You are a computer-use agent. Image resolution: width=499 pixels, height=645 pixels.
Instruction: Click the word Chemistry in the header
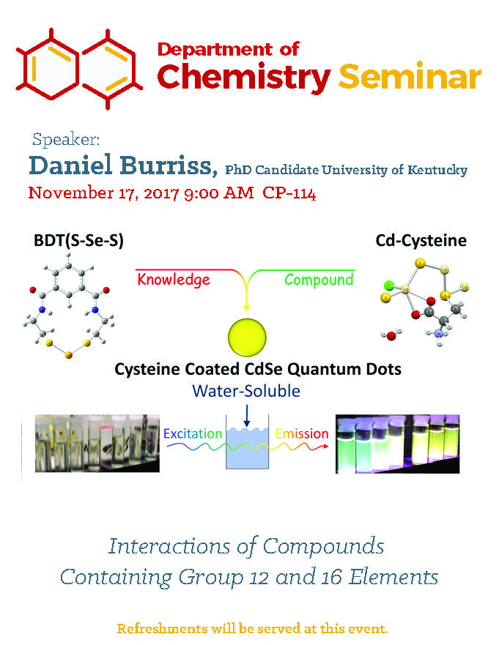(x=244, y=77)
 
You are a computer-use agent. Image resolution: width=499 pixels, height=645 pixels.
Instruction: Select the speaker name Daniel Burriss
(x=123, y=165)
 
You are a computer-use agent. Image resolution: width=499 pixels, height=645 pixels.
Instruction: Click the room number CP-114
(x=289, y=193)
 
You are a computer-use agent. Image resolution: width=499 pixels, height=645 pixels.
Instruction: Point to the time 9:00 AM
(x=219, y=193)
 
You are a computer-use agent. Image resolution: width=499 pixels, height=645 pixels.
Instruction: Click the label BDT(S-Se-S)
(x=78, y=240)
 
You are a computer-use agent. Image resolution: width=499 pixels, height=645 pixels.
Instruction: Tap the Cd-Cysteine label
(x=421, y=240)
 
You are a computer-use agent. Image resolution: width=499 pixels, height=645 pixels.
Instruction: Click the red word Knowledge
(x=174, y=280)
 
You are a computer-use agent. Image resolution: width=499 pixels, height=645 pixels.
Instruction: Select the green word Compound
(x=319, y=280)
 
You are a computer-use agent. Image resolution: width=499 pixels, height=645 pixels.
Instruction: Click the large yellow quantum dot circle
(x=247, y=337)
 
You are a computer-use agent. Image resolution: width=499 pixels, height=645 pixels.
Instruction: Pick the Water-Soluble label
(x=246, y=391)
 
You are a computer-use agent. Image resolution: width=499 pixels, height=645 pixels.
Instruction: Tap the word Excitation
(x=193, y=433)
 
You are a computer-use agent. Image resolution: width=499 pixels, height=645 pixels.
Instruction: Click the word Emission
(x=302, y=433)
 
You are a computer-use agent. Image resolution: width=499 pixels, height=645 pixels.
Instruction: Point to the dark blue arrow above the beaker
(x=247, y=415)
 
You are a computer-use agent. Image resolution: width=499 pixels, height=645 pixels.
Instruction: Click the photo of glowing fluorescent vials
(x=397, y=444)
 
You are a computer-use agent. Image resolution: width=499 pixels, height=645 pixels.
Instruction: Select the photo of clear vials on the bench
(x=97, y=443)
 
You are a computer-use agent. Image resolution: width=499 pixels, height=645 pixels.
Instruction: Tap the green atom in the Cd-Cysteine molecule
(x=388, y=285)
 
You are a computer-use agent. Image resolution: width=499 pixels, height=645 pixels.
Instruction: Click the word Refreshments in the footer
(x=162, y=629)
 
